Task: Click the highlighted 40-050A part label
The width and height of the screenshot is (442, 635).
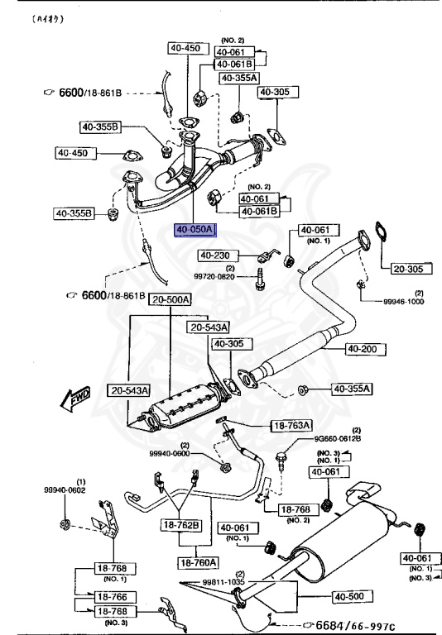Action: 194,230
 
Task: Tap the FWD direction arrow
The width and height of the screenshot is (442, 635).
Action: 77,399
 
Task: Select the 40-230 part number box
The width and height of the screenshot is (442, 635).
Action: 217,256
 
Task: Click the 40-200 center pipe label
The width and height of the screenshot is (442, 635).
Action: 362,349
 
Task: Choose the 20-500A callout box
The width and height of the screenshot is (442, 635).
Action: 171,299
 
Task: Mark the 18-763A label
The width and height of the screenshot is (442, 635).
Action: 291,426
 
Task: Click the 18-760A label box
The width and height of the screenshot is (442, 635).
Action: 196,562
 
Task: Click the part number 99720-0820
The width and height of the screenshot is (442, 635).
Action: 215,277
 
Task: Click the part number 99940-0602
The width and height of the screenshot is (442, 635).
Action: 65,489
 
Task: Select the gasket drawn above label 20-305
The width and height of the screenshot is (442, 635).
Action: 381,232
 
